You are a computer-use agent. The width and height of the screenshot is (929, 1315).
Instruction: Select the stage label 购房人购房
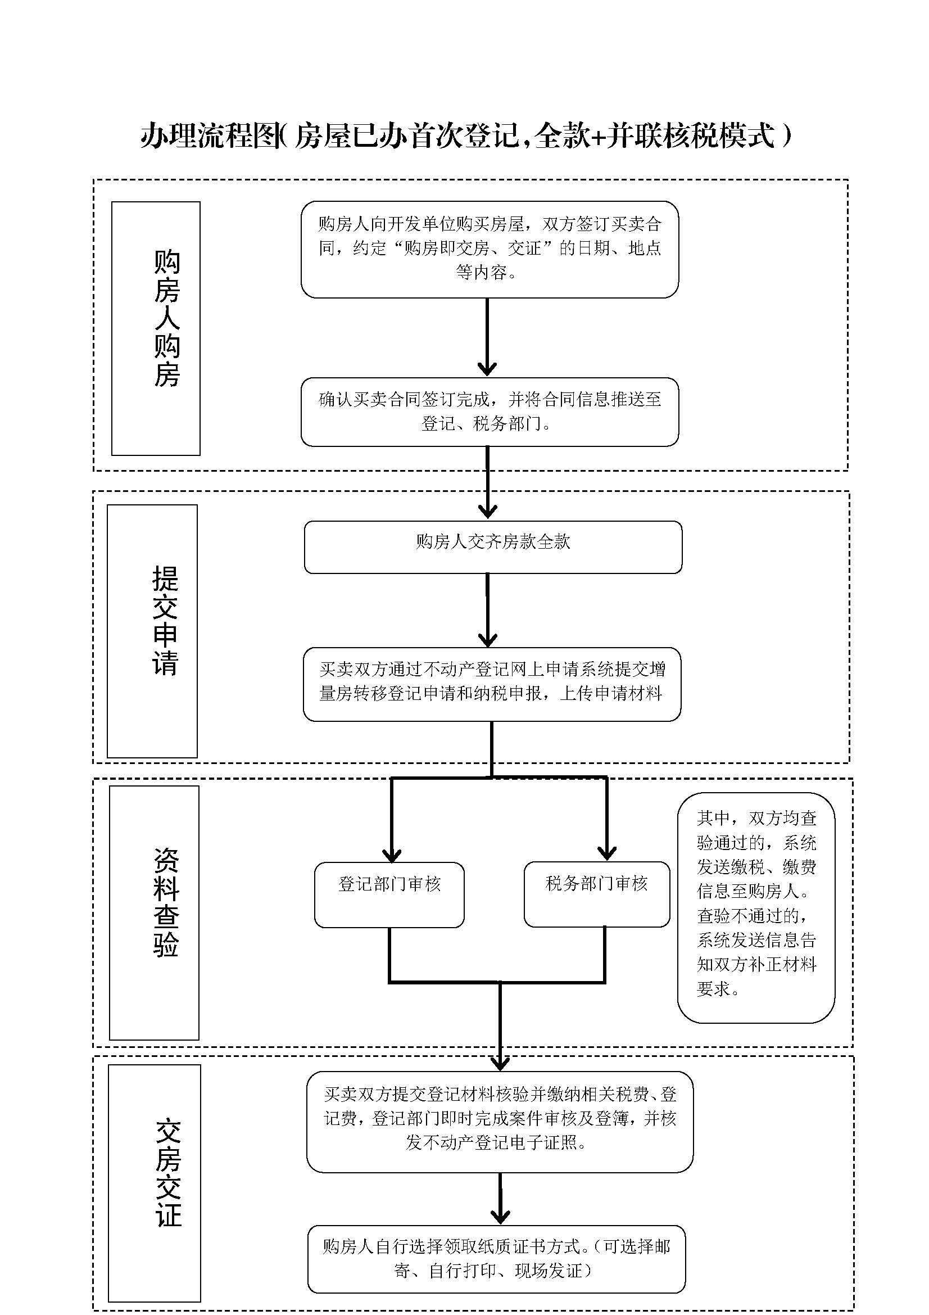tap(166, 318)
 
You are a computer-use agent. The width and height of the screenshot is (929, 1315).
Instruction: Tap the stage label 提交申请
tap(165, 621)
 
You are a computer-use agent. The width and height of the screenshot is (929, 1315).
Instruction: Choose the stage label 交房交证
tap(168, 1173)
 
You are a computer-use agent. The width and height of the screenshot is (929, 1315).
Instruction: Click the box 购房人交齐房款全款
tap(493, 546)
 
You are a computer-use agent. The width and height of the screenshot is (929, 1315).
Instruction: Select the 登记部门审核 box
tap(389, 894)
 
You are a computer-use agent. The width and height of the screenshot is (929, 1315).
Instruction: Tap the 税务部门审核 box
tap(596, 893)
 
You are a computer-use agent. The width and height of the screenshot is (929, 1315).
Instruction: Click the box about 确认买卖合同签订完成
tap(490, 411)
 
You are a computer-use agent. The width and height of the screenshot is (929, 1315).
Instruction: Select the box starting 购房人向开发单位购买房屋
tap(490, 248)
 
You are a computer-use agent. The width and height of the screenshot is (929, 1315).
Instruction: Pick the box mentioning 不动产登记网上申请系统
tap(492, 683)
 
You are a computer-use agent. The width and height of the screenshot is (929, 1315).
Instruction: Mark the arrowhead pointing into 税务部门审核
tap(607, 853)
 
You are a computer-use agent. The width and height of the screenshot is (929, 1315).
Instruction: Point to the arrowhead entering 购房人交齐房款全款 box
tap(487, 511)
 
